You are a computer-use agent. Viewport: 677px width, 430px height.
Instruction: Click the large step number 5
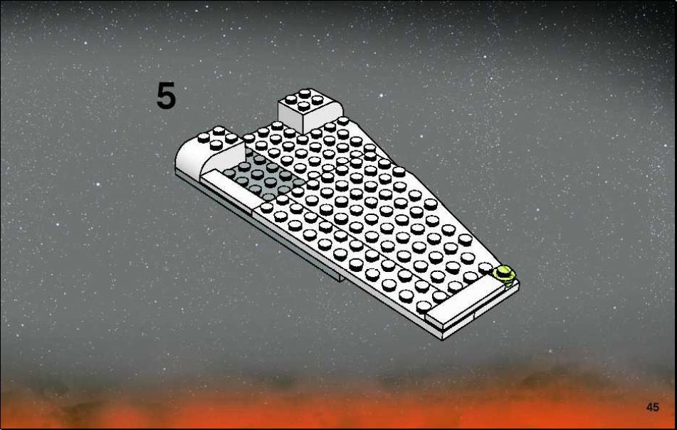166,95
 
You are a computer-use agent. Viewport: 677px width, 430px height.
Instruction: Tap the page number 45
652,407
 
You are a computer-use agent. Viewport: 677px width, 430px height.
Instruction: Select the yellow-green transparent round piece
503,273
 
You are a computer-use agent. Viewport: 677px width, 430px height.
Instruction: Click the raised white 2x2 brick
310,110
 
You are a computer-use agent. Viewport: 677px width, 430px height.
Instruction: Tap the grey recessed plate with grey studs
264,177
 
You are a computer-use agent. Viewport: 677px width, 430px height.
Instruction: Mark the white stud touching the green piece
486,268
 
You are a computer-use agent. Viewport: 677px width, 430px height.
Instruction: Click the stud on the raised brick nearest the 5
290,99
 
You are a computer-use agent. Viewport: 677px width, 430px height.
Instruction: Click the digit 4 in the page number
649,407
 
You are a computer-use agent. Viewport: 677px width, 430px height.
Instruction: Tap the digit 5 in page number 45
656,407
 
